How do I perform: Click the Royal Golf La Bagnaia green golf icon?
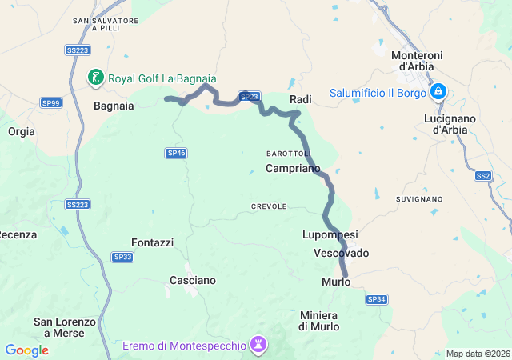96,78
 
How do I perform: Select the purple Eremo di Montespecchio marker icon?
258,345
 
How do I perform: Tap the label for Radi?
300,99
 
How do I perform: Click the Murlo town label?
336,282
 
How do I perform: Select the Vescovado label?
342,253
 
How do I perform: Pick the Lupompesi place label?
330,234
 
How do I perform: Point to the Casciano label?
193,281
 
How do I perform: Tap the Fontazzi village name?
152,242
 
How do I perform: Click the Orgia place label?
22,131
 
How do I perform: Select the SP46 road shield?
176,153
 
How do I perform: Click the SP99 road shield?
51,102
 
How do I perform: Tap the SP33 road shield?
122,257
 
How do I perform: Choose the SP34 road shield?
377,299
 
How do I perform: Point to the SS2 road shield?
482,175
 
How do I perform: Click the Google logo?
26,350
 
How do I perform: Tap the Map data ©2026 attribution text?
478,354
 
